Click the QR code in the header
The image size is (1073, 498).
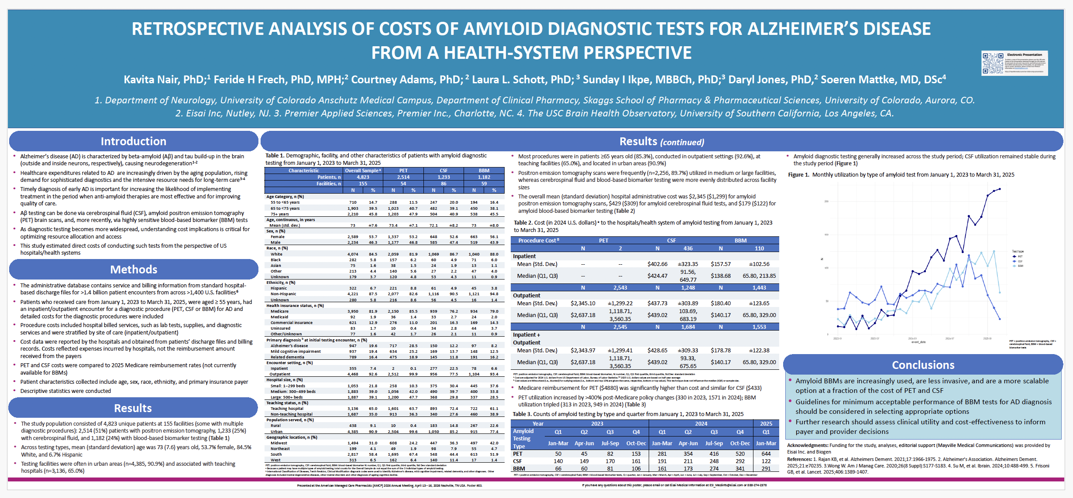(992, 63)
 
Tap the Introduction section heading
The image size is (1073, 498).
(133, 141)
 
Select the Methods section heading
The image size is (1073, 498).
(134, 269)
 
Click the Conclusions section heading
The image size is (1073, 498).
(923, 365)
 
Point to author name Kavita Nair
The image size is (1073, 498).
(164, 80)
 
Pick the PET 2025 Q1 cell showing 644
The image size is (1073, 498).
(766, 454)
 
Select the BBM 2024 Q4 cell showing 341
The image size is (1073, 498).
(740, 469)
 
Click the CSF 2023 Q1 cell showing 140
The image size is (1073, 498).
(558, 461)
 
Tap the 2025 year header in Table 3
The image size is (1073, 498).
(766, 424)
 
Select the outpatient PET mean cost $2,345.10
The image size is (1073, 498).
(583, 304)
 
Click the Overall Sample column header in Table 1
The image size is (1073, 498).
(363, 171)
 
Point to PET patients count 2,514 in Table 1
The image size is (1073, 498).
(403, 177)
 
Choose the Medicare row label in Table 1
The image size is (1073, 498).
(279, 311)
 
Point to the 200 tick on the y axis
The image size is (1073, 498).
(826, 201)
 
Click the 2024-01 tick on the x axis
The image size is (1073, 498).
(912, 339)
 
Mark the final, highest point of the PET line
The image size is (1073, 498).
(1000, 189)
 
